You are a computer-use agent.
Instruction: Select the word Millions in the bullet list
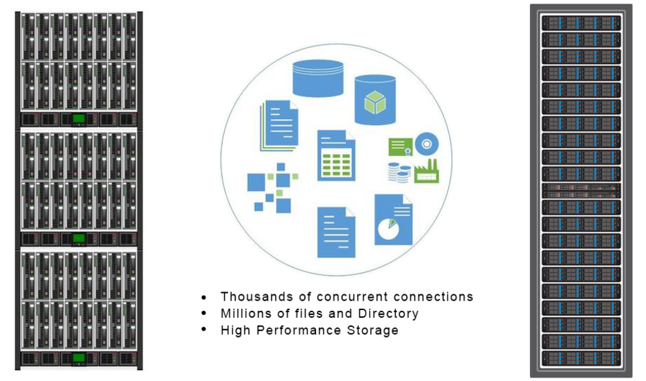click(x=246, y=314)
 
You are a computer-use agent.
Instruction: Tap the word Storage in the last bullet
click(x=372, y=330)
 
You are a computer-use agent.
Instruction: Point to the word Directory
click(x=388, y=314)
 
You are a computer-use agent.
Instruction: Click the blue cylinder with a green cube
click(x=375, y=100)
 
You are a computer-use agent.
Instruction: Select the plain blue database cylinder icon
click(x=318, y=78)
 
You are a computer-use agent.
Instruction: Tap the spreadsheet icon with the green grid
click(x=336, y=156)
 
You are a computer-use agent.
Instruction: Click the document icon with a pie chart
click(x=393, y=219)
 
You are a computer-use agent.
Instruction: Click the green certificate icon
click(x=400, y=146)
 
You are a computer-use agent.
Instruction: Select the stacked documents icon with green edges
click(x=279, y=125)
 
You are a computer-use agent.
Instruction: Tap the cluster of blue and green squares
click(x=272, y=186)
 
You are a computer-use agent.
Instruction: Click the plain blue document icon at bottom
click(x=336, y=232)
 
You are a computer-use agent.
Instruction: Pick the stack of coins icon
click(x=399, y=172)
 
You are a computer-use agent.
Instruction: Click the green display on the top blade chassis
click(x=79, y=119)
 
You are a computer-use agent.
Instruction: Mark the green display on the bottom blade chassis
click(x=79, y=358)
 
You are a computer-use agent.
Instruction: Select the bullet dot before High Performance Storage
click(x=204, y=331)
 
